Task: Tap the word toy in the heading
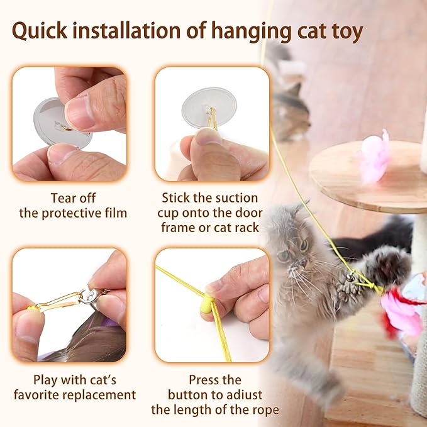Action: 344,31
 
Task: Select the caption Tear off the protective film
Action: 73,206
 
